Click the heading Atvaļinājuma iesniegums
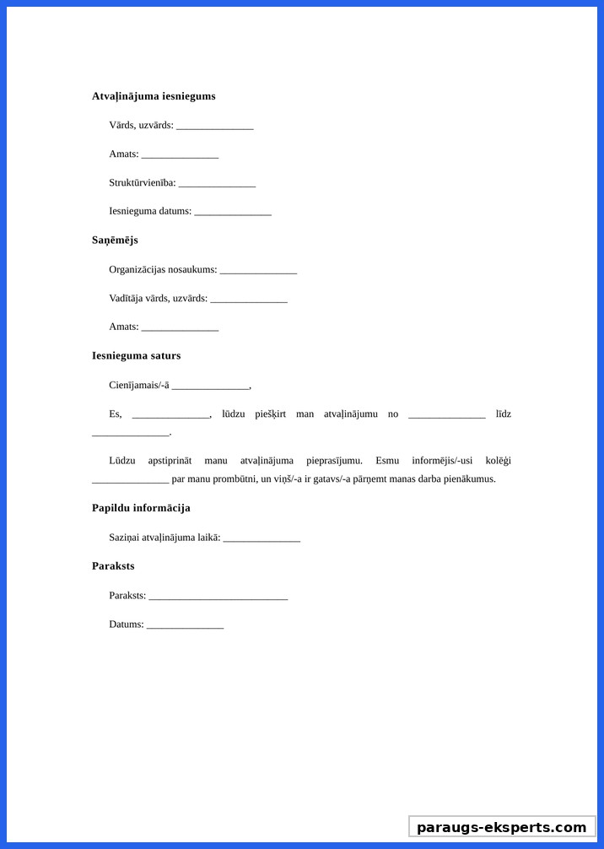[x=154, y=96]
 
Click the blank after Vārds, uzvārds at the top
[x=215, y=127]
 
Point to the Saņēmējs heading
[x=115, y=241]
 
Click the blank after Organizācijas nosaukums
[x=258, y=271]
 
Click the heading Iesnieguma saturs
[x=136, y=356]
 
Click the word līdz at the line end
[x=504, y=414]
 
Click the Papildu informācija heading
[x=141, y=508]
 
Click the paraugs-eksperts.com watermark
[x=501, y=827]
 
